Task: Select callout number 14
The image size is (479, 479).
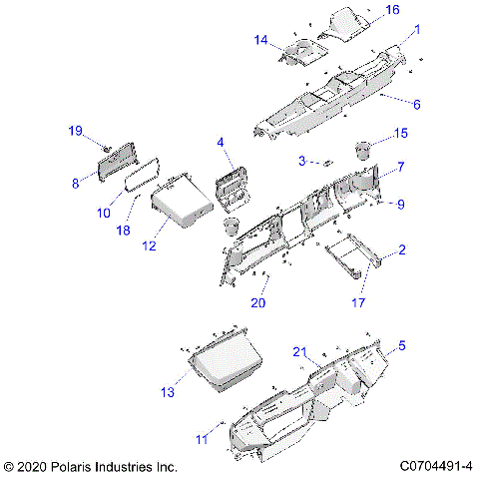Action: (261, 41)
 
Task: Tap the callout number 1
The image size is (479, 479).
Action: (417, 30)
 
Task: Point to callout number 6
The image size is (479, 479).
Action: (417, 104)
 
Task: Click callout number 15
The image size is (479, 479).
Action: (402, 133)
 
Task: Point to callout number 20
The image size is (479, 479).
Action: (258, 302)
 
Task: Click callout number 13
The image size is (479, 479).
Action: (168, 392)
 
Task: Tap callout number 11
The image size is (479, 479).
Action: (201, 438)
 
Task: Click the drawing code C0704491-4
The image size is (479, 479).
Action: (435, 466)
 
